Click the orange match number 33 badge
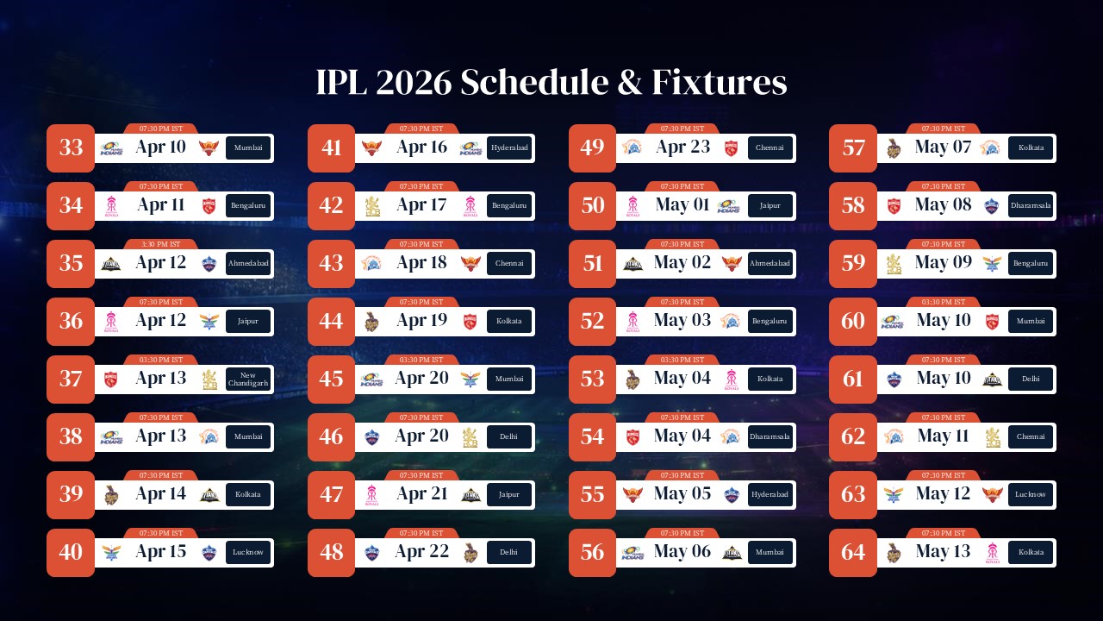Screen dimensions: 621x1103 (x=71, y=147)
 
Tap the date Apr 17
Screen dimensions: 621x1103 (x=422, y=205)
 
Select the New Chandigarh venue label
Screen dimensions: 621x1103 (x=248, y=379)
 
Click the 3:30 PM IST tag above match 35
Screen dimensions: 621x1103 (x=161, y=244)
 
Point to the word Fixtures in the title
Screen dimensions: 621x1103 (x=719, y=83)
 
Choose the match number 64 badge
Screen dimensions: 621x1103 (x=853, y=552)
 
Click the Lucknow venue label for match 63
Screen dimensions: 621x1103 (x=1031, y=494)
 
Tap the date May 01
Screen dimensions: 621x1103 (x=682, y=205)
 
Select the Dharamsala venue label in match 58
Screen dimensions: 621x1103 (x=1031, y=205)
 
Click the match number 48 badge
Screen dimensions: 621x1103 (x=332, y=552)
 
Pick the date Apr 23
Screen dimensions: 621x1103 (x=682, y=147)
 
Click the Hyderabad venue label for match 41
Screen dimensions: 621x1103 (x=509, y=147)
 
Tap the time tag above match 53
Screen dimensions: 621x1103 (x=682, y=360)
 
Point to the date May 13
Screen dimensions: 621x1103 (x=943, y=552)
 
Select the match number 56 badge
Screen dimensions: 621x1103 (x=593, y=552)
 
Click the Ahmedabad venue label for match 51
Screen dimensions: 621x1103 (x=770, y=263)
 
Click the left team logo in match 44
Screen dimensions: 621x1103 (x=372, y=321)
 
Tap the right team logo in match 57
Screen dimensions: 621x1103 (x=989, y=147)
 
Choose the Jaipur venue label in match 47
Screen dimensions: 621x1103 (x=509, y=494)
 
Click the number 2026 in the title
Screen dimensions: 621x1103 (x=414, y=83)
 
